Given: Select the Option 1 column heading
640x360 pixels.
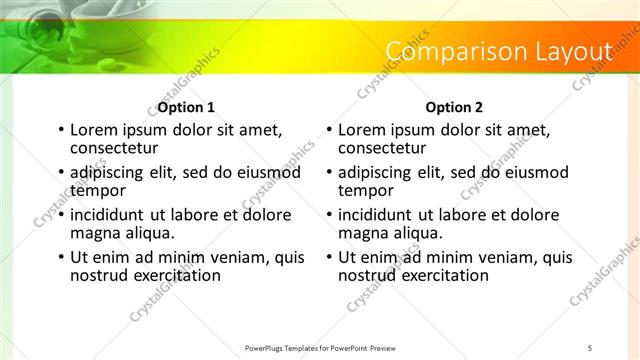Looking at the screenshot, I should pos(186,107).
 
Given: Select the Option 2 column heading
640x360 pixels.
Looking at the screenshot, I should pos(454,107).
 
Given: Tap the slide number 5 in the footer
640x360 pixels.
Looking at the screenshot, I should pos(590,347).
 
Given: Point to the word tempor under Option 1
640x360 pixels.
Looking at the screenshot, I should pos(97,190).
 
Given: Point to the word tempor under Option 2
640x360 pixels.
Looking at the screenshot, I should pos(365,190).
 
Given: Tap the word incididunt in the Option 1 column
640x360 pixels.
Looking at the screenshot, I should pos(107,215).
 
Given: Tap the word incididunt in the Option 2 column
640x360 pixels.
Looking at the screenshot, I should pos(375,215).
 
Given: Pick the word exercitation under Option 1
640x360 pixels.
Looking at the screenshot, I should pos(177,275).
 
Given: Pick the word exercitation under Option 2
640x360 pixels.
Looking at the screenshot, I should pos(445,275).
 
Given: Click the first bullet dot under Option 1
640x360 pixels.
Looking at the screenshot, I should pos(61,130).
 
